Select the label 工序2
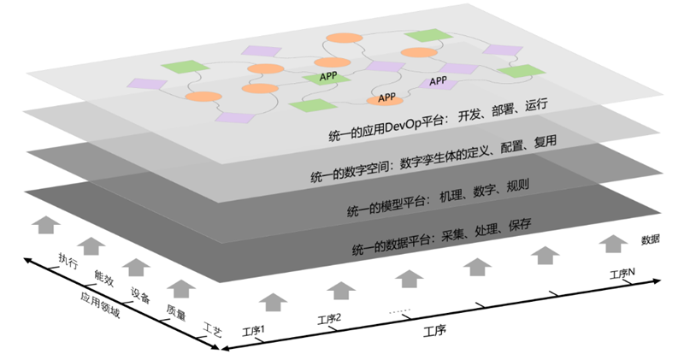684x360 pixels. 329,318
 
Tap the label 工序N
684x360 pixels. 622,274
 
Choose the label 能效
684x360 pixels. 103,277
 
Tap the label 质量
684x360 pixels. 176,313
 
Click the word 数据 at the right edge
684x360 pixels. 650,239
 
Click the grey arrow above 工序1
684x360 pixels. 272,301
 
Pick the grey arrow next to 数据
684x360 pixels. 610,244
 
